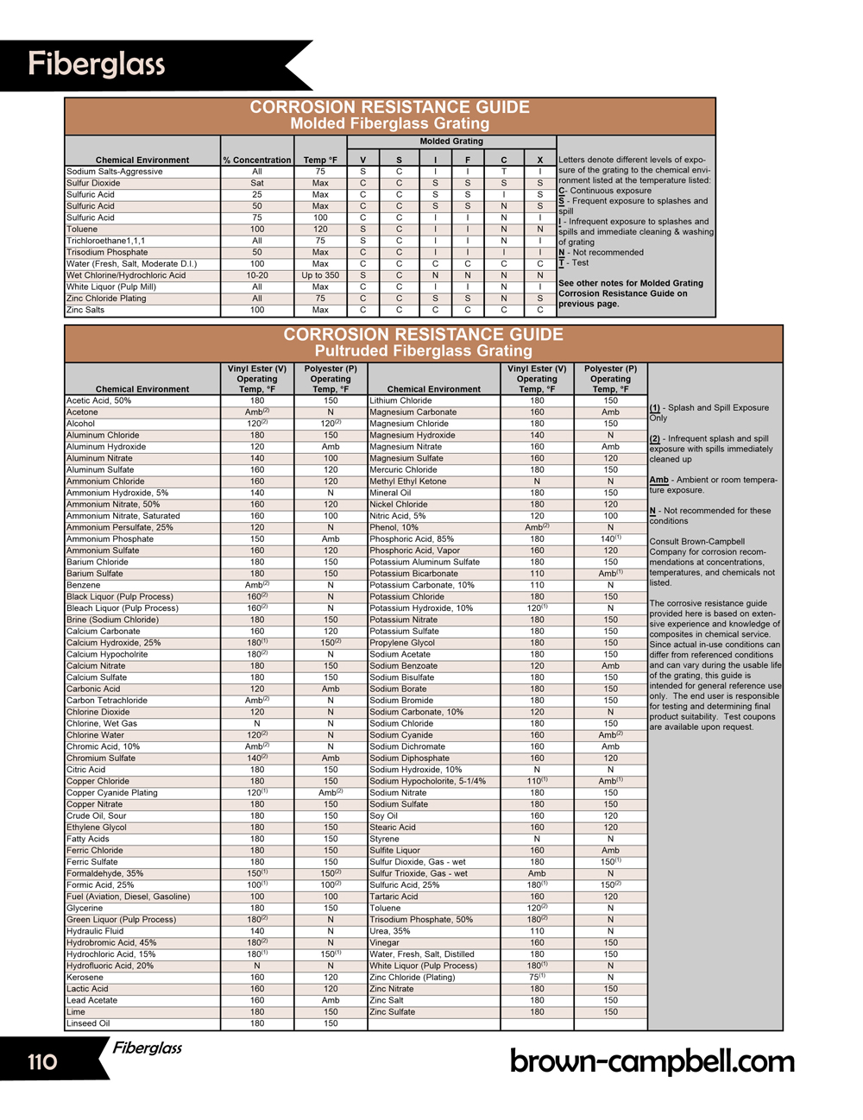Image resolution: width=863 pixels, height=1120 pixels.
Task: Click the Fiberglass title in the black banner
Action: (96, 65)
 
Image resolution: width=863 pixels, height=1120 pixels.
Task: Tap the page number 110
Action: (42, 1060)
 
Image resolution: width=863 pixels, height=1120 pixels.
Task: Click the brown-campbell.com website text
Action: (652, 1060)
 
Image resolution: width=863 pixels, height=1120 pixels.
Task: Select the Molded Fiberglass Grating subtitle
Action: (389, 123)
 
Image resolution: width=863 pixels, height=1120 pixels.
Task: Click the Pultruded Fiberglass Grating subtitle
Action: (423, 351)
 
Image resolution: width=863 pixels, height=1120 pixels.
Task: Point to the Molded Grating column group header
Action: (451, 142)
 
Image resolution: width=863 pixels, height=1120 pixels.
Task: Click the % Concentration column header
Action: (257, 160)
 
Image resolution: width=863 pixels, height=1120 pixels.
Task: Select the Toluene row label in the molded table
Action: (83, 230)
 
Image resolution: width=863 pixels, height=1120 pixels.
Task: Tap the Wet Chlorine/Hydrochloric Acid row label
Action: (126, 275)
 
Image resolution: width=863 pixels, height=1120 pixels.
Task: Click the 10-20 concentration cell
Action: (257, 275)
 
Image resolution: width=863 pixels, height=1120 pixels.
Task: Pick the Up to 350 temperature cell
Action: (320, 275)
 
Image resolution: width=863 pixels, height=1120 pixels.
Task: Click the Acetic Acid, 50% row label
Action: (99, 400)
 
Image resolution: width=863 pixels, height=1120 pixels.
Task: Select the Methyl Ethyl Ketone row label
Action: (408, 481)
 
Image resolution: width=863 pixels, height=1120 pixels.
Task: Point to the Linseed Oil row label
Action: (88, 1023)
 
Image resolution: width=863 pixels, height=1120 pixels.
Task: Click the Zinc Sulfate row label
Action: (393, 1012)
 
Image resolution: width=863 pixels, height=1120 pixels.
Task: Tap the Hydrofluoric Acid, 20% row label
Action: (110, 966)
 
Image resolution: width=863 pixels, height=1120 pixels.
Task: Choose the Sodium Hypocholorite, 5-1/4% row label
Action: (427, 781)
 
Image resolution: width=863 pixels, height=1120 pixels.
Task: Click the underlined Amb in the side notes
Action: (658, 480)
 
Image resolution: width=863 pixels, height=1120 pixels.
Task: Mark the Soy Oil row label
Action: (384, 815)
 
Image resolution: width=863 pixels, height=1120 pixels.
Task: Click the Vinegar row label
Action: (385, 942)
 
